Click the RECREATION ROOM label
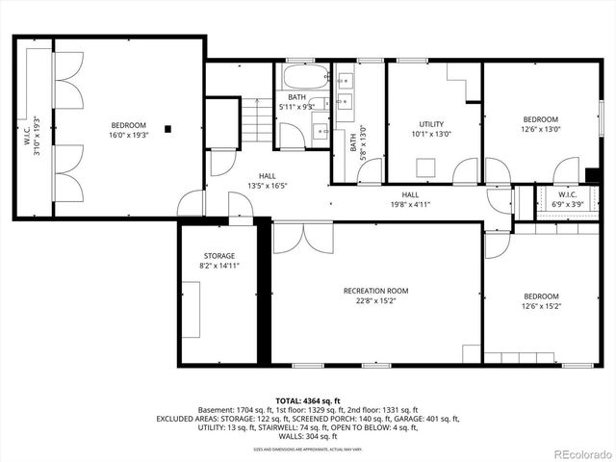pos(376,290)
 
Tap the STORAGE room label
pos(218,256)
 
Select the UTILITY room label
pos(431,124)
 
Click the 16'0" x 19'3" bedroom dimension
pos(128,136)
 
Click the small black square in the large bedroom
pos(168,128)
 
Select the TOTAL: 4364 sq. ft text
pos(308,400)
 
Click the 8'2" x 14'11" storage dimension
pos(218,266)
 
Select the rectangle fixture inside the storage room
pos(192,309)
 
